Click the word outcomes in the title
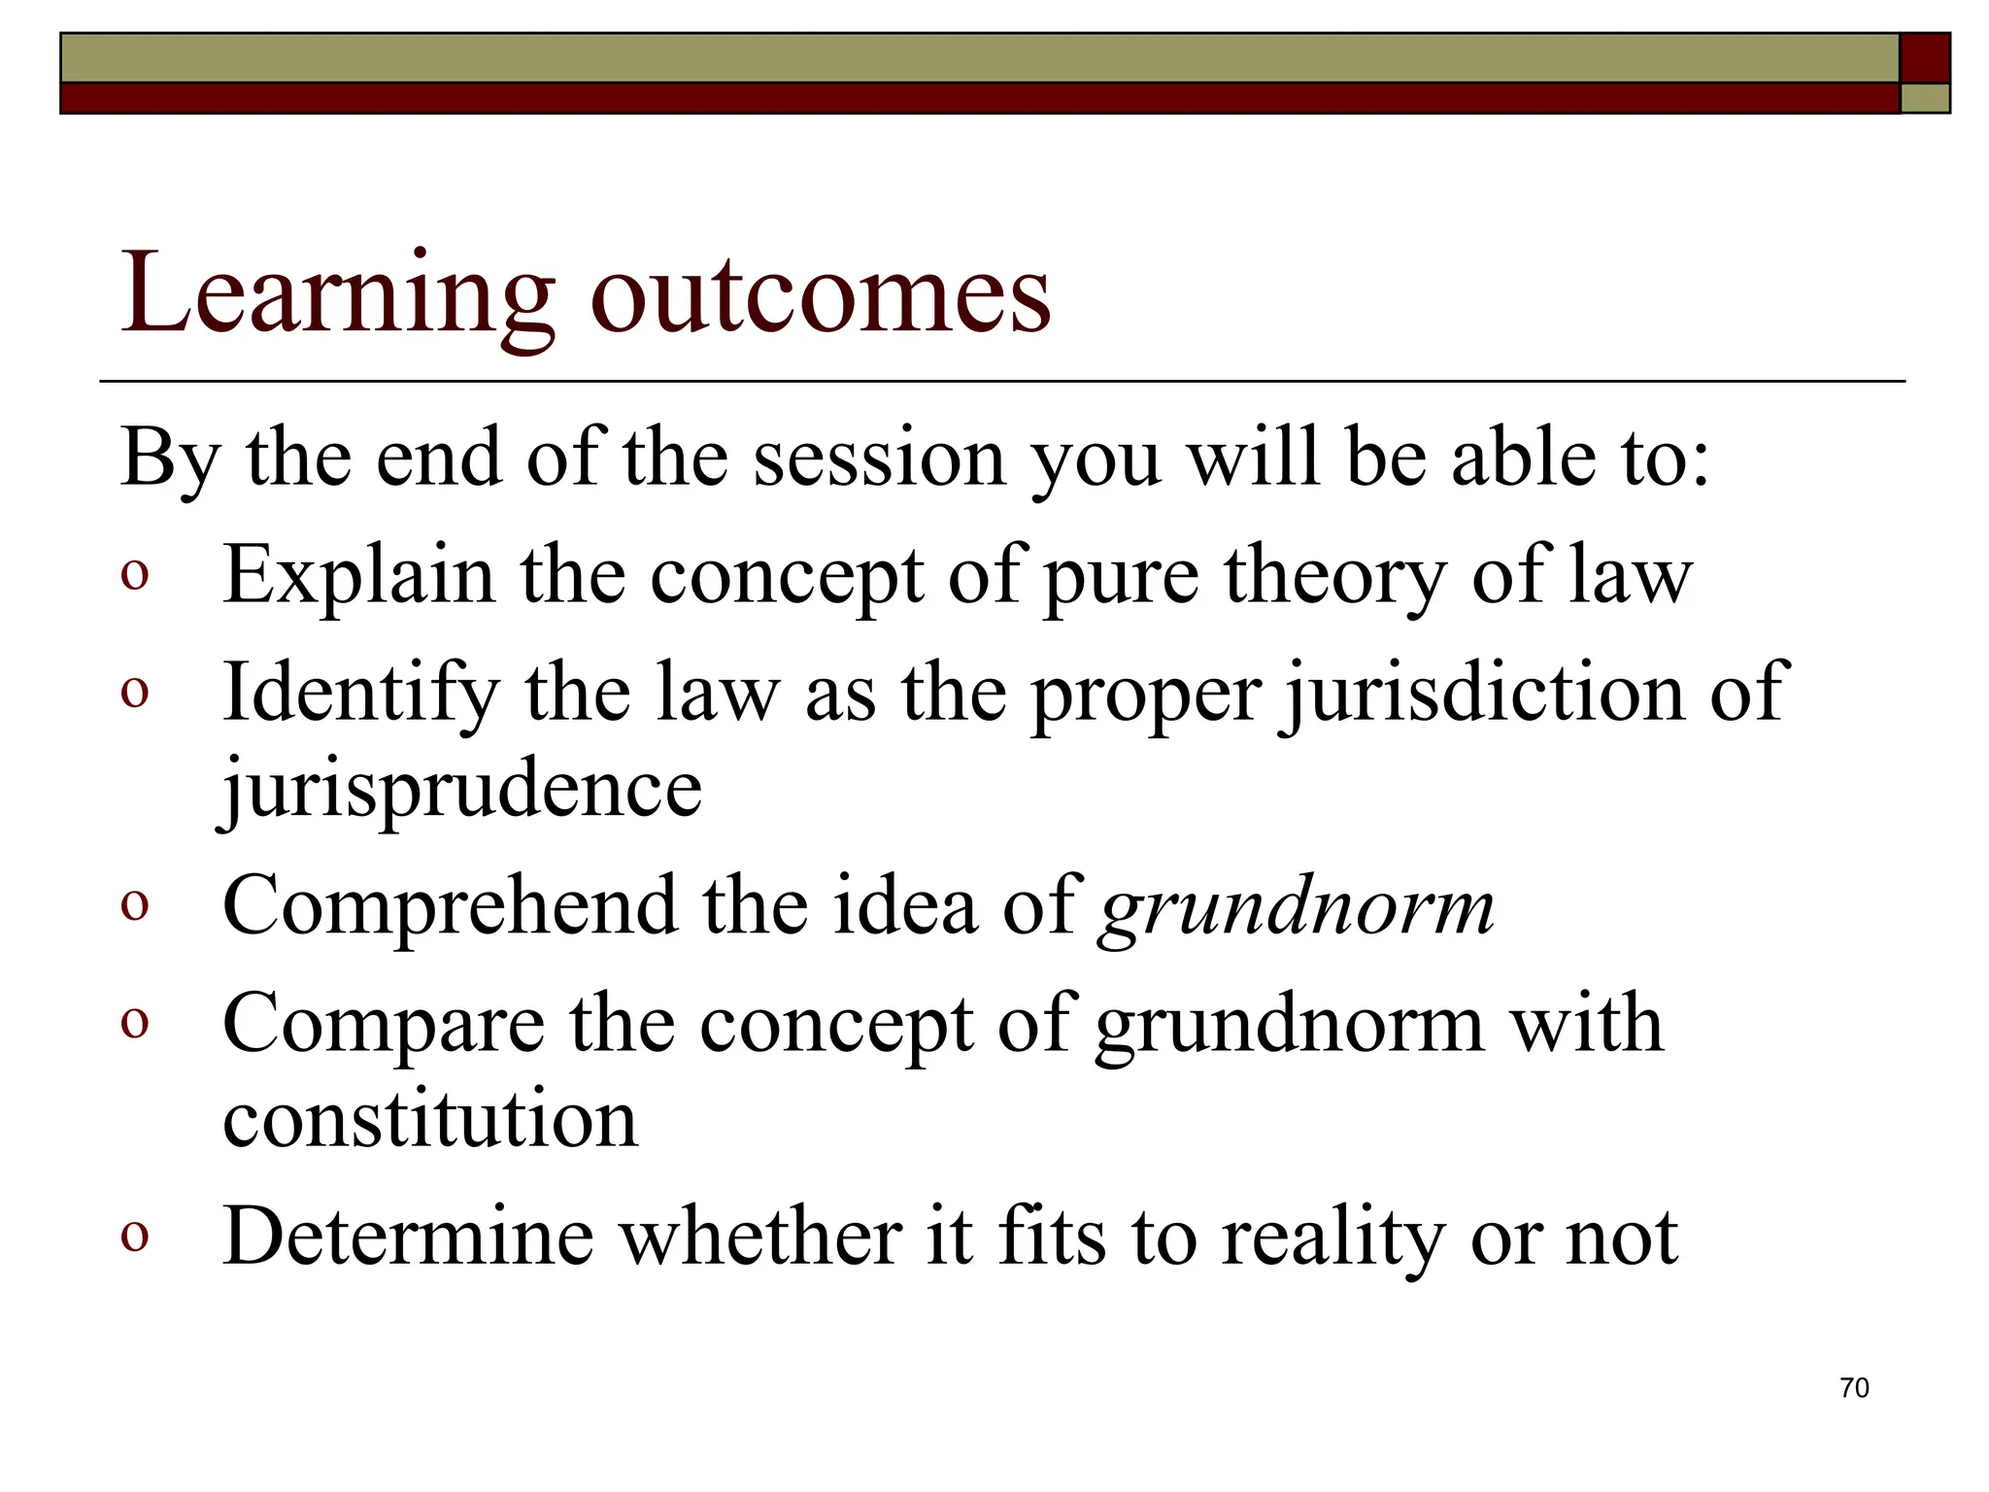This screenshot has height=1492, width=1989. pos(821,293)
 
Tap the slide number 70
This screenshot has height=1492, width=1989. pos(1853,1387)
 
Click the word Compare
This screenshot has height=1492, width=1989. pos(383,1025)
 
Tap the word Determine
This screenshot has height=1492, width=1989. pos(408,1237)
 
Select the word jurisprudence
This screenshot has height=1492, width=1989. pos(461,789)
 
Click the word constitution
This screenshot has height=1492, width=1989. pos(430,1119)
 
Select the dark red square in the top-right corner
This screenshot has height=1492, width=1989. pos(1924,58)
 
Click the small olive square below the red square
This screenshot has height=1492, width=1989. pos(1924,98)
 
